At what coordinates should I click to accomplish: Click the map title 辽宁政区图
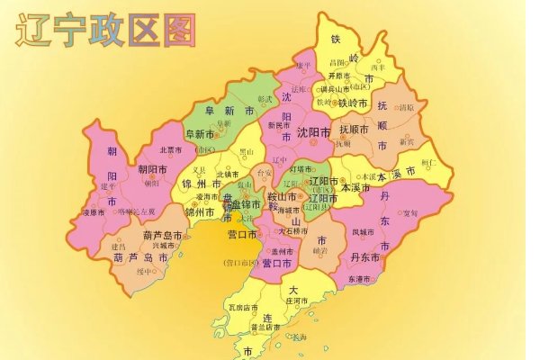tap(105, 31)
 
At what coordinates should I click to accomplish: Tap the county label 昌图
tap(337, 63)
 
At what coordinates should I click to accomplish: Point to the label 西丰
tap(378, 67)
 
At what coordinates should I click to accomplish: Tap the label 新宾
tap(407, 141)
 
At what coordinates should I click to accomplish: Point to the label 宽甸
tap(409, 213)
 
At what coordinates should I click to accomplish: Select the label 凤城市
tap(368, 233)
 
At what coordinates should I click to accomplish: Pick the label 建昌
tap(119, 246)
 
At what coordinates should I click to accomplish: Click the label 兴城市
tap(165, 246)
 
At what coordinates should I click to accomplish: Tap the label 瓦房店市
tap(243, 308)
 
